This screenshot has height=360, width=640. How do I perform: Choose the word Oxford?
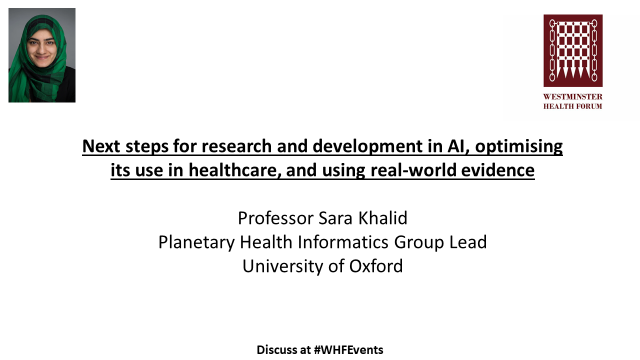point(371,266)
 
